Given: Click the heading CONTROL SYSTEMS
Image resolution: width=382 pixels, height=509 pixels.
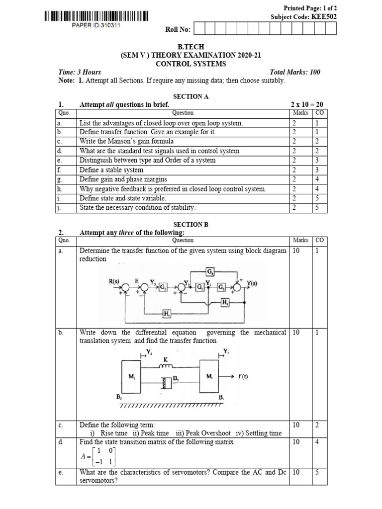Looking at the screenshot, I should tap(191, 64).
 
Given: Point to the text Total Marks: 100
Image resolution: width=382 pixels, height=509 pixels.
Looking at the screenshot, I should tap(295, 72).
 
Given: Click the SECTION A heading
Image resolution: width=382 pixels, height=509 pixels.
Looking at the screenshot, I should tap(191, 96).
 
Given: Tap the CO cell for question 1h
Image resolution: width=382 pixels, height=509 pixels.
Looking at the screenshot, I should tap(317, 189).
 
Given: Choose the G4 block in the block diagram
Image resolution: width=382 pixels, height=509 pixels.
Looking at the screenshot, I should tap(210, 271).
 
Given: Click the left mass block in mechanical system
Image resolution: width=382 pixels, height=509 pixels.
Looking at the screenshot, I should tap(131, 377).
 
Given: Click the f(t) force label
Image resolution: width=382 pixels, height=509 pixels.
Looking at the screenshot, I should tap(242, 376).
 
